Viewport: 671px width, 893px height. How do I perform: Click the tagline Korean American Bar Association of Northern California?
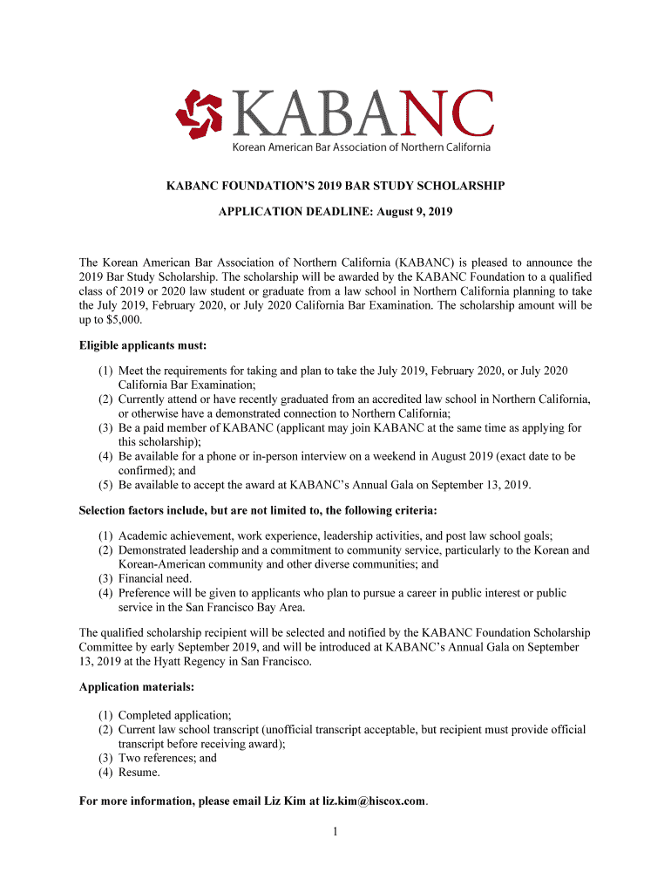[361, 147]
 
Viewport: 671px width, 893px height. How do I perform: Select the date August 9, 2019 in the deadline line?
[414, 212]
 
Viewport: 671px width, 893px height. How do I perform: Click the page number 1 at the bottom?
[335, 831]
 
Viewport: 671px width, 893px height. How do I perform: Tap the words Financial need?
[155, 578]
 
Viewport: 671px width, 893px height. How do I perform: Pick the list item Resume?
[139, 772]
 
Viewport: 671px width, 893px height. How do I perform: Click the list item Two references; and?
[167, 758]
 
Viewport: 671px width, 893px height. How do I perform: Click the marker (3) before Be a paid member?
[105, 428]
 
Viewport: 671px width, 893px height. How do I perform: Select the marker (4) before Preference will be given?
[105, 593]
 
